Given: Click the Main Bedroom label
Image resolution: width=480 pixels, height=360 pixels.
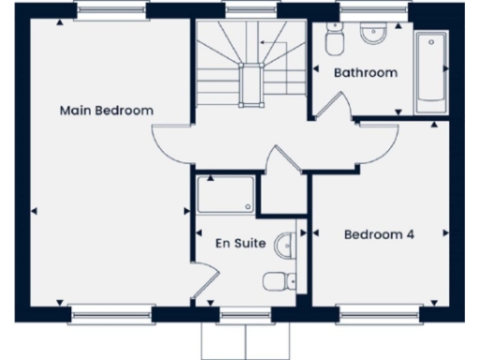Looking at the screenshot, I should [x=106, y=111].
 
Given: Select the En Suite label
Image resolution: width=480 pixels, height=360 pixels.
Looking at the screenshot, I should [x=240, y=244].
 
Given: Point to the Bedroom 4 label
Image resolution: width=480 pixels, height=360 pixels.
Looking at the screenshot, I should [x=379, y=234].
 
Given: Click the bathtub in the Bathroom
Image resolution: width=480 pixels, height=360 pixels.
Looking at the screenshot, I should [x=430, y=70].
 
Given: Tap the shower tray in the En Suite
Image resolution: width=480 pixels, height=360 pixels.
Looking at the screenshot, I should [x=225, y=195].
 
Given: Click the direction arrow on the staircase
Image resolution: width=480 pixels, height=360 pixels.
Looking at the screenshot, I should [x=273, y=44].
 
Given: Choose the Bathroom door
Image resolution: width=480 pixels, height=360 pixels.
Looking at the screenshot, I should [x=330, y=103].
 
